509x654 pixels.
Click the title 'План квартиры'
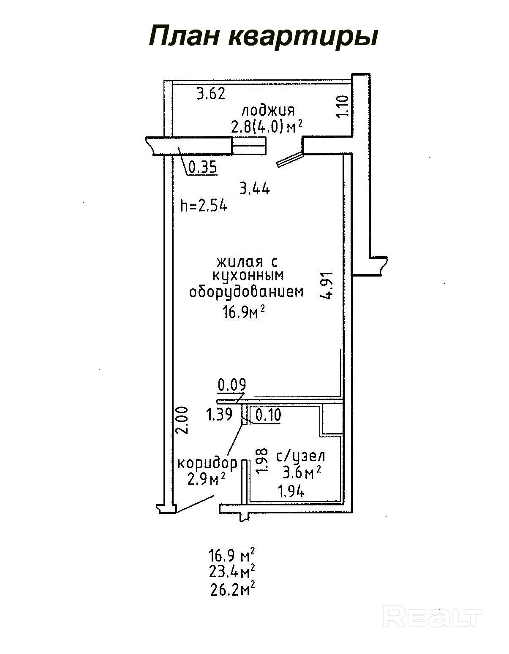click(264, 36)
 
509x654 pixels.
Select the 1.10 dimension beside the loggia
click(343, 106)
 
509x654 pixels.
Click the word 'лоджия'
click(268, 111)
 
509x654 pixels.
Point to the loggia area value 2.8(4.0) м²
click(267, 127)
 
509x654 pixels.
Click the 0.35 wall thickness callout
click(203, 167)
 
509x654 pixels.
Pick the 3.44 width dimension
click(255, 189)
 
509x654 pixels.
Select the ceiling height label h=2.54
click(204, 206)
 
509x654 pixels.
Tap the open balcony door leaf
click(290, 159)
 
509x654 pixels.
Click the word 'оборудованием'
click(246, 292)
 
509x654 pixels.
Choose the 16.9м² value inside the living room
click(244, 312)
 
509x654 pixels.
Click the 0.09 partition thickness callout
click(232, 384)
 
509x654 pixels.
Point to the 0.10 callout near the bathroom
click(268, 415)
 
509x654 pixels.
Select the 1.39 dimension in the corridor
click(219, 415)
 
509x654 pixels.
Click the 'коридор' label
click(207, 464)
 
